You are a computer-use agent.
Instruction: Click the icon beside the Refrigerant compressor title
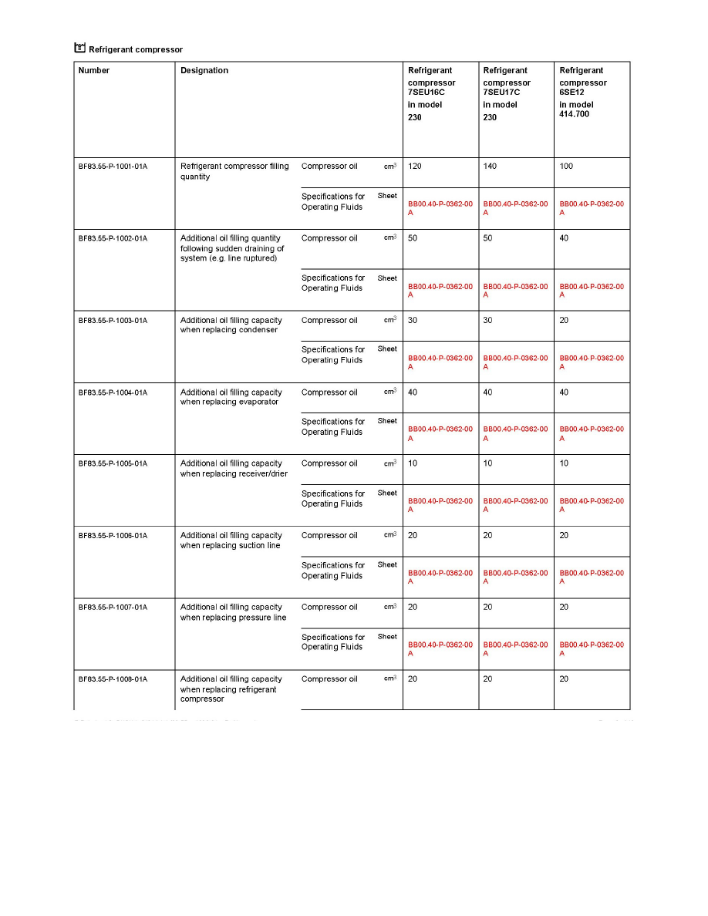79,49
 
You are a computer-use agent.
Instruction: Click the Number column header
94,71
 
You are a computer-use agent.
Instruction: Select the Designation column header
204,71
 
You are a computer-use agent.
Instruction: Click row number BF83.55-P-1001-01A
113,167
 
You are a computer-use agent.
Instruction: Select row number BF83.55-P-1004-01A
113,392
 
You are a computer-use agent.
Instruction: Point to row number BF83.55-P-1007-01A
113,608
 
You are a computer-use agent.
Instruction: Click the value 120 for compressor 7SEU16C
415,167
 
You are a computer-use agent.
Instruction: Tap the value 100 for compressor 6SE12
567,167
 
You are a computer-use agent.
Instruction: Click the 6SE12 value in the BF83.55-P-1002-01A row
565,238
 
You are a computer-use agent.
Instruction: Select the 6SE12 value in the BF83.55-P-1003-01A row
565,321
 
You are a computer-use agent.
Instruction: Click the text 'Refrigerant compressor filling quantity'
234,171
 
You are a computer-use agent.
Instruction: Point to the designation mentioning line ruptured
232,248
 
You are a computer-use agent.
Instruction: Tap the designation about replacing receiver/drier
234,469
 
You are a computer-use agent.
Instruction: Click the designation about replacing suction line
231,541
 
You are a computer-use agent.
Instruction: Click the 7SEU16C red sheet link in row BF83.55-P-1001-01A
440,208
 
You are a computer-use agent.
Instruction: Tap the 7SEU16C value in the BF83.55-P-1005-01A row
413,464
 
